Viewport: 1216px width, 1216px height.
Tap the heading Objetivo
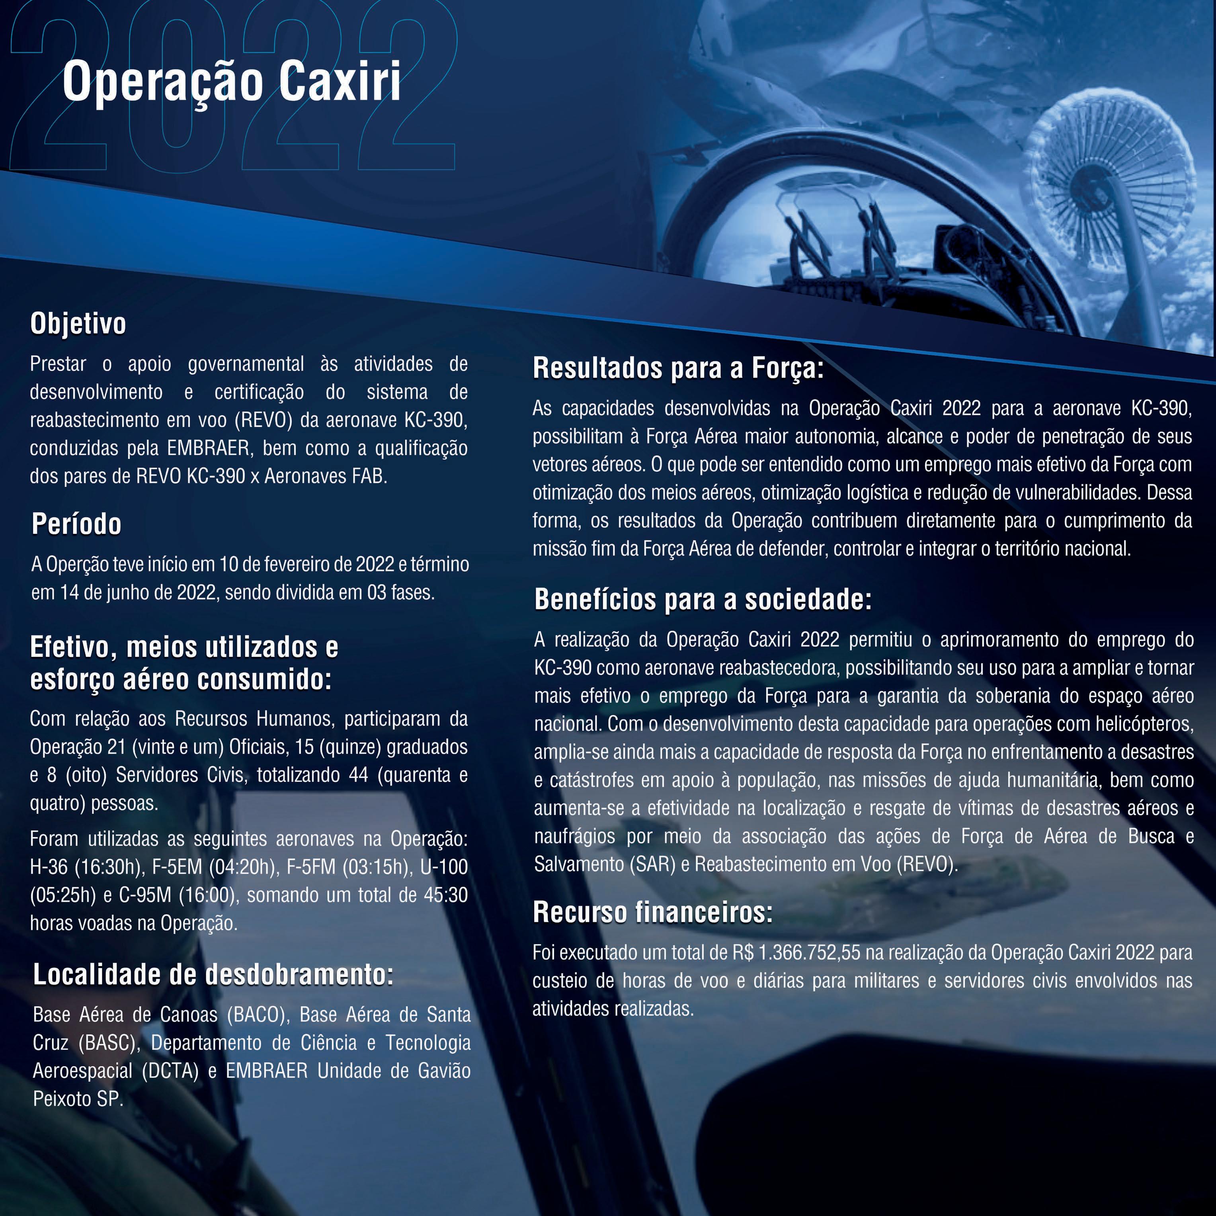click(x=78, y=324)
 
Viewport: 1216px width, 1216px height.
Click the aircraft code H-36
click(x=49, y=867)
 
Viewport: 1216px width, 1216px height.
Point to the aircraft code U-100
click(x=444, y=867)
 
